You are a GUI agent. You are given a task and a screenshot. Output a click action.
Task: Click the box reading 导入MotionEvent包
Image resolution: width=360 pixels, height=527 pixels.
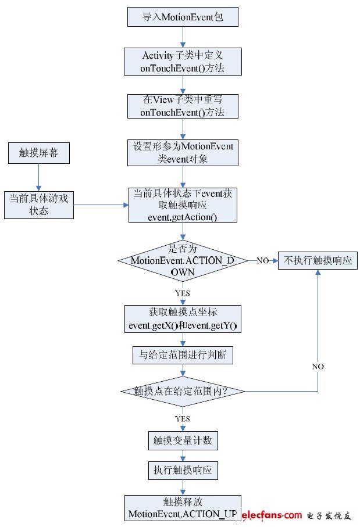point(183,16)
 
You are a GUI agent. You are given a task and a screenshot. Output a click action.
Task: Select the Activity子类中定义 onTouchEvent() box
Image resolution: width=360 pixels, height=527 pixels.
point(183,62)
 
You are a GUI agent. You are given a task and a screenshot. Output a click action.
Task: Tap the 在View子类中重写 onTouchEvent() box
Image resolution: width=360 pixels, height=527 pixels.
point(183,106)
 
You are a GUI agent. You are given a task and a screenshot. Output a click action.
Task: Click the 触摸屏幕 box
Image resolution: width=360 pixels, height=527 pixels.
point(38,153)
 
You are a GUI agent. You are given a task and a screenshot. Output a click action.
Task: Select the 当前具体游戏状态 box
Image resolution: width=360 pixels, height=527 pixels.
point(38,205)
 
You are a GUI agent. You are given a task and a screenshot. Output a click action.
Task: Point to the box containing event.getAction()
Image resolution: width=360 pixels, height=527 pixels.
point(183,205)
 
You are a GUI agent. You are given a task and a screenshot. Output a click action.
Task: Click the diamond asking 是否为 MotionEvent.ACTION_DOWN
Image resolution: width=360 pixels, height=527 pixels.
point(183,260)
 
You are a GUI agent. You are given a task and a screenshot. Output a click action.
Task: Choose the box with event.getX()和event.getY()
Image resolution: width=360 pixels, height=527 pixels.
point(183,318)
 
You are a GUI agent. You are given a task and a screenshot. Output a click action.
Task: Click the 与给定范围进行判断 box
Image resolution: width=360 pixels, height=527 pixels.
point(183,354)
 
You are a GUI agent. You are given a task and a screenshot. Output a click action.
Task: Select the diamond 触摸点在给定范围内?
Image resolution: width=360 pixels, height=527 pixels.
point(183,391)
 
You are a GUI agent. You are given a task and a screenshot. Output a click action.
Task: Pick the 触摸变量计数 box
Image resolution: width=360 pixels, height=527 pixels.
point(183,440)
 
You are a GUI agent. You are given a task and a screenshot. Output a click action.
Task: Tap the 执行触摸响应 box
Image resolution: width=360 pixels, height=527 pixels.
point(183,470)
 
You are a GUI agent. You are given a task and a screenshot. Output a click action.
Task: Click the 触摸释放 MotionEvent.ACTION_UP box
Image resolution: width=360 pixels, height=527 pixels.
point(183,508)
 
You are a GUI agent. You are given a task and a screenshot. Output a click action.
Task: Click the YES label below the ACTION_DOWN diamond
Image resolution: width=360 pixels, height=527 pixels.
point(183,293)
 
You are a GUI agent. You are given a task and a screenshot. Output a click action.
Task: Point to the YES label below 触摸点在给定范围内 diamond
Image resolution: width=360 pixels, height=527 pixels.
point(183,418)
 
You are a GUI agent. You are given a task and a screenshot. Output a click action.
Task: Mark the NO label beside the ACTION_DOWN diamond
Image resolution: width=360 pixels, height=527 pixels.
point(262,261)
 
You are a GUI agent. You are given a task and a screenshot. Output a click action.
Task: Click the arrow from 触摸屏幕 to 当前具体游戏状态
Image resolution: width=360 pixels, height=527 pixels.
point(38,177)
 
